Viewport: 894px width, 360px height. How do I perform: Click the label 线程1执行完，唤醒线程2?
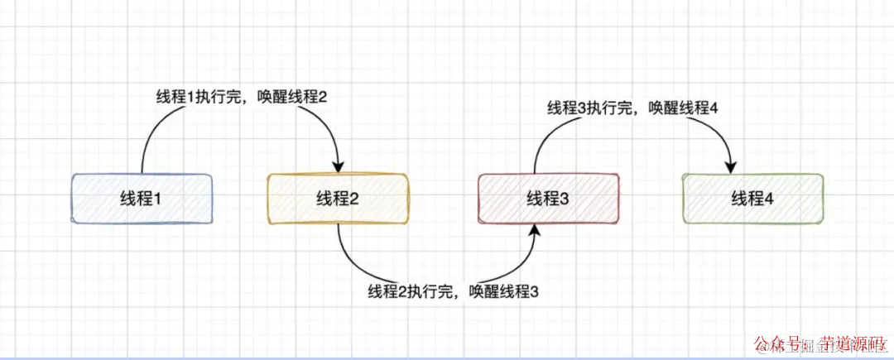(242, 97)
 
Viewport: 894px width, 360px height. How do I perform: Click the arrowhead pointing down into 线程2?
(338, 166)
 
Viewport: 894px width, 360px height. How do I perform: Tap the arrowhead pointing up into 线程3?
(536, 231)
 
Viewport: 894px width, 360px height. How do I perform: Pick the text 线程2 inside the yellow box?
(337, 198)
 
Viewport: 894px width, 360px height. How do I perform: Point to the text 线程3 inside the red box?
(547, 198)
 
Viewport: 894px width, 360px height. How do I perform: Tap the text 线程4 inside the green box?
(752, 198)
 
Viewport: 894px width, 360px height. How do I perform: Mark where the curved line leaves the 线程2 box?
(338, 225)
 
